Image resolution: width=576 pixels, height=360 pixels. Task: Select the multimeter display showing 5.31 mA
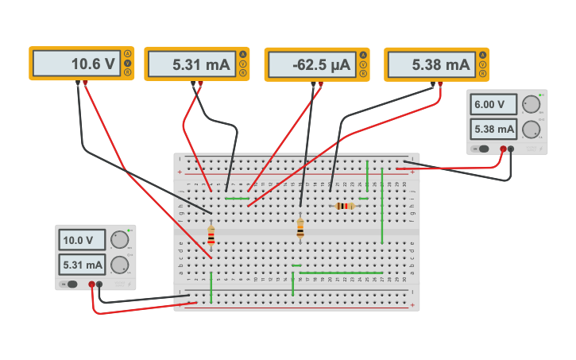pos(191,64)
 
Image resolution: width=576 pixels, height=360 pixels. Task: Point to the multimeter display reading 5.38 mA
pos(431,64)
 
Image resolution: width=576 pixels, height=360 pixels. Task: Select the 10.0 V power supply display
pos(83,240)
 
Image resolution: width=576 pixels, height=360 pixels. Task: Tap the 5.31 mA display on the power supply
pos(83,265)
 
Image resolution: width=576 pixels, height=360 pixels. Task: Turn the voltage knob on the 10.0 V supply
pos(119,239)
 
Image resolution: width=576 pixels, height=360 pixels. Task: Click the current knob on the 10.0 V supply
pos(119,265)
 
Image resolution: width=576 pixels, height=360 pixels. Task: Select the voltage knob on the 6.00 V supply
pos(531,104)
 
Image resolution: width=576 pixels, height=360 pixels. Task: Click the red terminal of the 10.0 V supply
pos(92,284)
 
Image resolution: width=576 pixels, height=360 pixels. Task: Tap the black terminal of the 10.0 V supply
pos(100,284)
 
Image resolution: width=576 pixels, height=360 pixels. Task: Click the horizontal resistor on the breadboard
pos(344,206)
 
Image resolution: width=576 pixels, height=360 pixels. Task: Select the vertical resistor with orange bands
pos(300,228)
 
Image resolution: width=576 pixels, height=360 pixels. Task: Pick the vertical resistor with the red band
pos(211,236)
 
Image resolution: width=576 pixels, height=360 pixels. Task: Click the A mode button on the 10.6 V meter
pos(128,54)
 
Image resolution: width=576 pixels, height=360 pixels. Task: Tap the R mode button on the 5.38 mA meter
pos(482,74)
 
